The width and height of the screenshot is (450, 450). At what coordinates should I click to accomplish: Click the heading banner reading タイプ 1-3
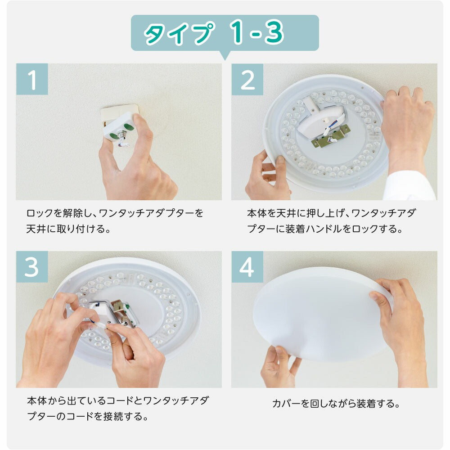[225, 33]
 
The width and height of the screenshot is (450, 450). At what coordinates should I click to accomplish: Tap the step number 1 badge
[32, 79]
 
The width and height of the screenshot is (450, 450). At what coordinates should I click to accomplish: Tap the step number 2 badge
[247, 79]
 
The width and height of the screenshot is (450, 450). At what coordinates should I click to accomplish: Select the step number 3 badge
[32, 267]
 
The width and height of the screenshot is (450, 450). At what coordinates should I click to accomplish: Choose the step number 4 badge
[247, 267]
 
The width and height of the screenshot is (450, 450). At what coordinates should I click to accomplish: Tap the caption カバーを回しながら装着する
[336, 403]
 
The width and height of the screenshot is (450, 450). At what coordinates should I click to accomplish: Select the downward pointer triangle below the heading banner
[225, 55]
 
